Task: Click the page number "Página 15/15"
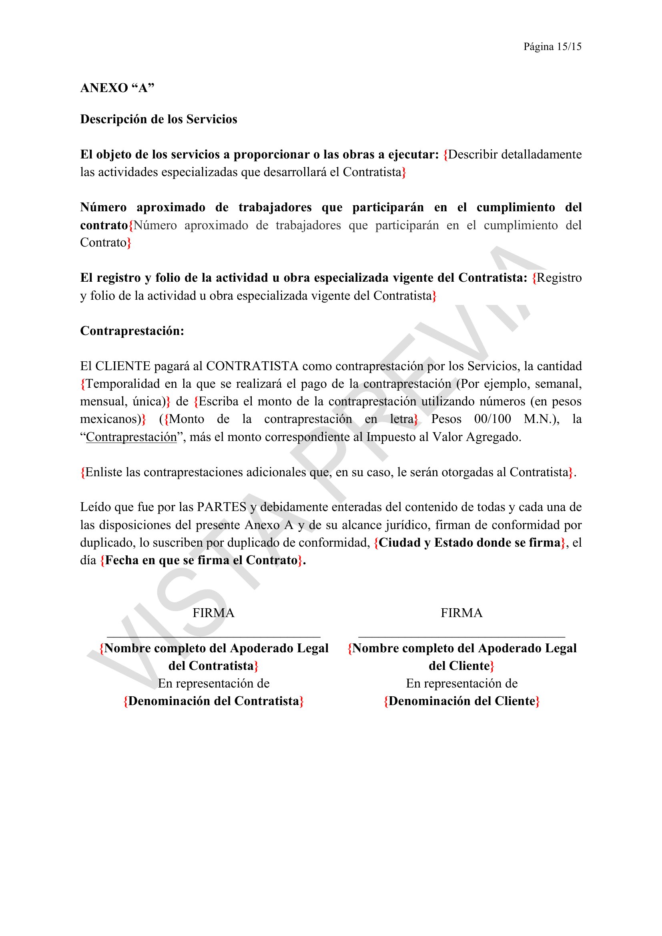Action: tap(552, 47)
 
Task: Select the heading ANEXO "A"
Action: tap(117, 88)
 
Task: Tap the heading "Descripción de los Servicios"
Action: tap(158, 119)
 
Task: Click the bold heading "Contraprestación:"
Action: tap(132, 331)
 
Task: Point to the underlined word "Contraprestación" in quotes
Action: tap(131, 437)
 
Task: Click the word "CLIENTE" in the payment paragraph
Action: tap(123, 367)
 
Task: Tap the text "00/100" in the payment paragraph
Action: tap(492, 419)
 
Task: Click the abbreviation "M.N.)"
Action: tap(542, 419)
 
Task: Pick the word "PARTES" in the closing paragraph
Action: tap(222, 507)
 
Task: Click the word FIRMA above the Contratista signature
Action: tap(214, 613)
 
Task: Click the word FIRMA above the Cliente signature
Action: tap(461, 613)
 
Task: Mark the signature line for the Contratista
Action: tap(214, 636)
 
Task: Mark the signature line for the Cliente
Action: tap(461, 636)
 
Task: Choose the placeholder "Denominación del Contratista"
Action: tap(214, 701)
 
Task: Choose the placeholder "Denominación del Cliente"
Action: tap(461, 701)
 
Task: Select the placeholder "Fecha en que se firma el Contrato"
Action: tap(201, 561)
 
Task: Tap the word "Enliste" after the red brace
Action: tap(104, 473)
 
